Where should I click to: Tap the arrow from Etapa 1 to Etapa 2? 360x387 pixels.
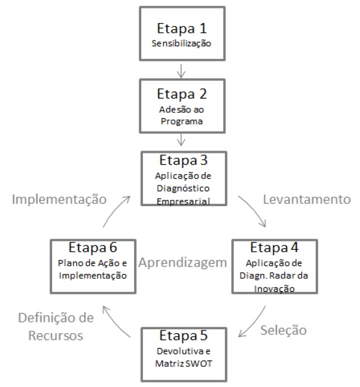point(181,70)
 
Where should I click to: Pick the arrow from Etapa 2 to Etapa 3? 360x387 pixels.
point(181,142)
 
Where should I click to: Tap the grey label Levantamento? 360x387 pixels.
point(307,199)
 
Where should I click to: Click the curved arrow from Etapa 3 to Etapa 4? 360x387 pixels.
point(254,212)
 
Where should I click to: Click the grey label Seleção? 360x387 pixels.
point(283,330)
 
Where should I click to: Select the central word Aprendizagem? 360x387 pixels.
point(183,263)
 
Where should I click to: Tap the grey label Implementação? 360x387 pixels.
point(60,199)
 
